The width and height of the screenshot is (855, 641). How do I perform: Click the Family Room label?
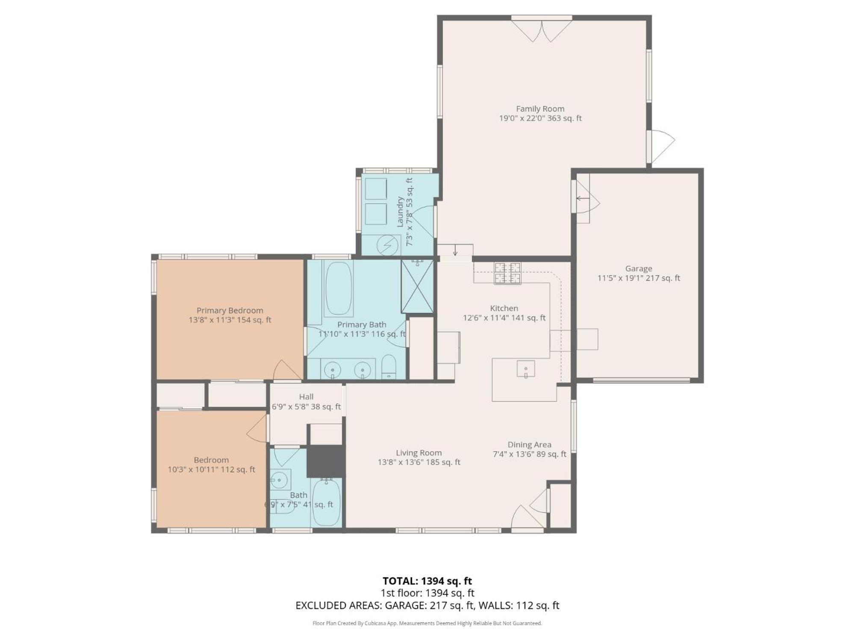[540, 109]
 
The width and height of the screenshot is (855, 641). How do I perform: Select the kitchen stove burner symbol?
[508, 273]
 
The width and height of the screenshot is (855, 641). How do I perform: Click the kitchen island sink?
[526, 369]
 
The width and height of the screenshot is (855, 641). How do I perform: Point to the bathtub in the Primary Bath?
[339, 288]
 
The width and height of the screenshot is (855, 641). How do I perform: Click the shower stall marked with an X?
[417, 286]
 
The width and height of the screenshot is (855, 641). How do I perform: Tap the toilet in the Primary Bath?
[389, 367]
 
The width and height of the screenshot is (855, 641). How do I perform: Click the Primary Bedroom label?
[230, 311]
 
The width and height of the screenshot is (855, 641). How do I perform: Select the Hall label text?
[306, 397]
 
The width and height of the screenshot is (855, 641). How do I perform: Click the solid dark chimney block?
[326, 461]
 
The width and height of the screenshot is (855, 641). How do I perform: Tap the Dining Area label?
[529, 445]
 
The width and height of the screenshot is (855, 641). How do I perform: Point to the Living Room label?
[419, 453]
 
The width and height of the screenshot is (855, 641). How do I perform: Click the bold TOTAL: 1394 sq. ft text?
[427, 581]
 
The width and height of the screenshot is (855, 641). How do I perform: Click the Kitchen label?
[504, 309]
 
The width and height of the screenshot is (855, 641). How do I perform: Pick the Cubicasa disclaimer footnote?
[427, 623]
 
